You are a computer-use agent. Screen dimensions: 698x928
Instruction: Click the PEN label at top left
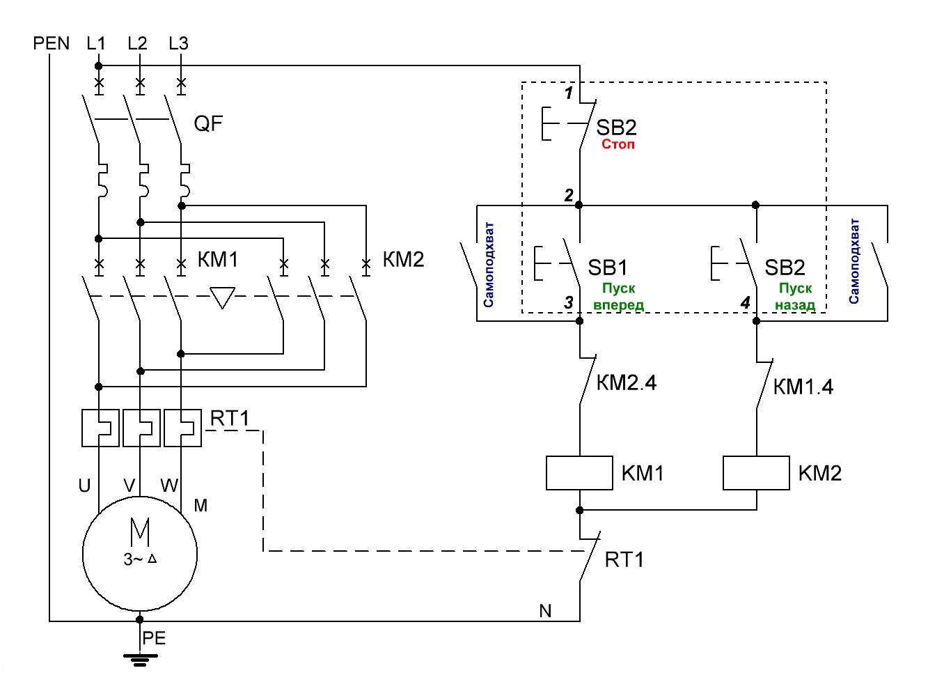(x=52, y=43)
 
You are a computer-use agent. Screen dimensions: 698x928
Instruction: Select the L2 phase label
(x=137, y=43)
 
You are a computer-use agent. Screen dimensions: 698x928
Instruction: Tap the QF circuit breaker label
(x=208, y=124)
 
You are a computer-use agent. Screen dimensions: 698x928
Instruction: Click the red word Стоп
(x=618, y=145)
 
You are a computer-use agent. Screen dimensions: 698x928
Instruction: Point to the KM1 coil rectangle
(x=579, y=474)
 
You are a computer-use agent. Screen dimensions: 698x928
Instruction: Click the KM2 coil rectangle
(x=756, y=474)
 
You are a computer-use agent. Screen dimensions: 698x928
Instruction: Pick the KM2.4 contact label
(x=627, y=382)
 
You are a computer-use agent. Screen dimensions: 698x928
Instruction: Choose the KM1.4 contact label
(x=803, y=387)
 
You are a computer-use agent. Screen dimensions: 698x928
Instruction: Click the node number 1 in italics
(x=569, y=93)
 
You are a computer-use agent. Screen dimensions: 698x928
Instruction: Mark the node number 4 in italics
(x=746, y=303)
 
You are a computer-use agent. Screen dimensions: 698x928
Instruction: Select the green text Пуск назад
(x=795, y=297)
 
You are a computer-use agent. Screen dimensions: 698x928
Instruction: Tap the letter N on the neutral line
(x=545, y=611)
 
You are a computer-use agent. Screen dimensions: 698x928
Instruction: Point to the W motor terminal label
(x=169, y=486)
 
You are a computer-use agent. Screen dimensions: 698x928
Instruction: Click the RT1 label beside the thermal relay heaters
(x=230, y=418)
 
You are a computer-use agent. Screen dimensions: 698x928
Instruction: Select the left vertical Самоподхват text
(x=489, y=265)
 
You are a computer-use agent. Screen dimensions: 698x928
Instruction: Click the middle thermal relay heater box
(x=141, y=428)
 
